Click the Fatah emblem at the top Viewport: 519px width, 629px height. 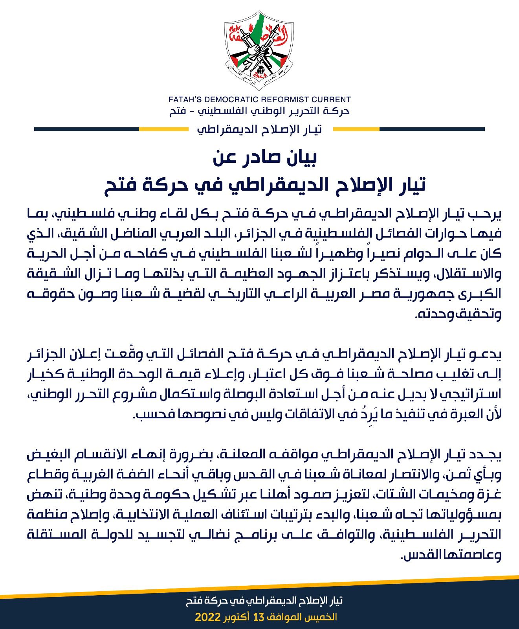tap(260, 49)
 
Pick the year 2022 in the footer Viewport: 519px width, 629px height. tap(207, 616)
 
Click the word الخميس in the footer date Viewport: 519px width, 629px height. tap(322, 616)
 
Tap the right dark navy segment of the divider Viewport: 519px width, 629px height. tap(432, 129)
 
